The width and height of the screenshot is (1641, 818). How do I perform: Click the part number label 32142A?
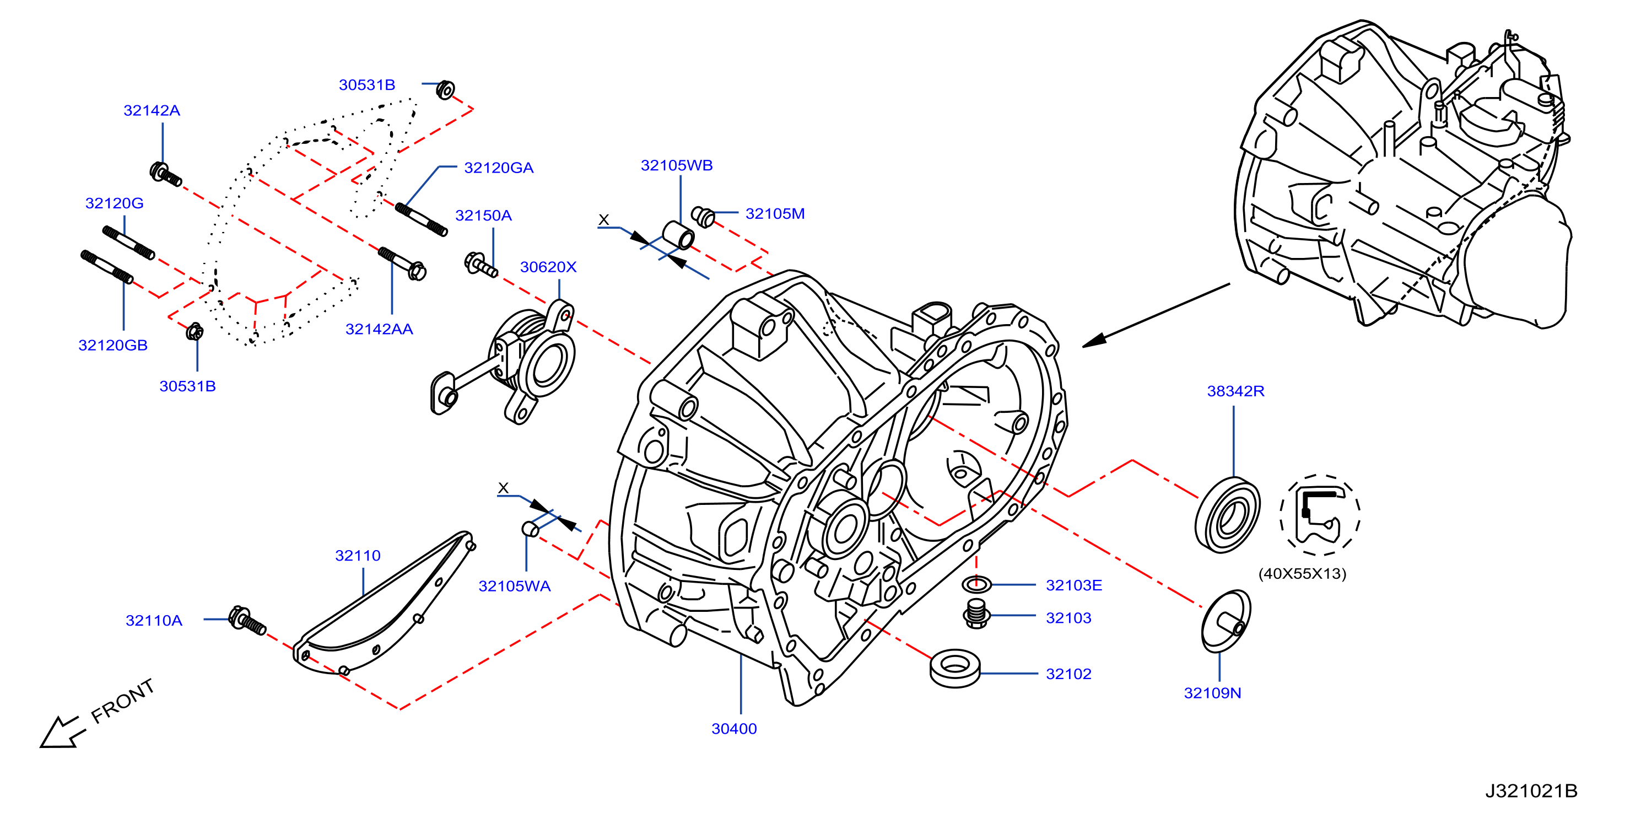[152, 110]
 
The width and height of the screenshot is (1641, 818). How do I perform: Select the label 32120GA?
[499, 168]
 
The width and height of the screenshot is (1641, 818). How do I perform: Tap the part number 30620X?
[548, 267]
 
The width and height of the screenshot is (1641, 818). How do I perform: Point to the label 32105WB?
[677, 165]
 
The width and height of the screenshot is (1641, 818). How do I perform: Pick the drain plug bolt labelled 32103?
[976, 613]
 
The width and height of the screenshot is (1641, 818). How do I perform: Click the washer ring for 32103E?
[976, 583]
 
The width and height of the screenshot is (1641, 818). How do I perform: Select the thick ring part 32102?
[955, 668]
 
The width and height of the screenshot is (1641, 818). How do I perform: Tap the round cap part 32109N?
[1225, 621]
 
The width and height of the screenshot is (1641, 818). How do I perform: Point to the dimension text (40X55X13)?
[1302, 573]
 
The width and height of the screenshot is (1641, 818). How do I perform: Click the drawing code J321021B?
[1531, 790]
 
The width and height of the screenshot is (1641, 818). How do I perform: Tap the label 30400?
[734, 729]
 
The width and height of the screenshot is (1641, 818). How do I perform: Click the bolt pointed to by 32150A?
[481, 265]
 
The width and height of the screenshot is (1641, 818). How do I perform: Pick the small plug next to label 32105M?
[703, 217]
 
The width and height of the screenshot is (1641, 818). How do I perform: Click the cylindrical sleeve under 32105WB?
[678, 235]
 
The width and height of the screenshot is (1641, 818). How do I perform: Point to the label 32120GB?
[113, 345]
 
